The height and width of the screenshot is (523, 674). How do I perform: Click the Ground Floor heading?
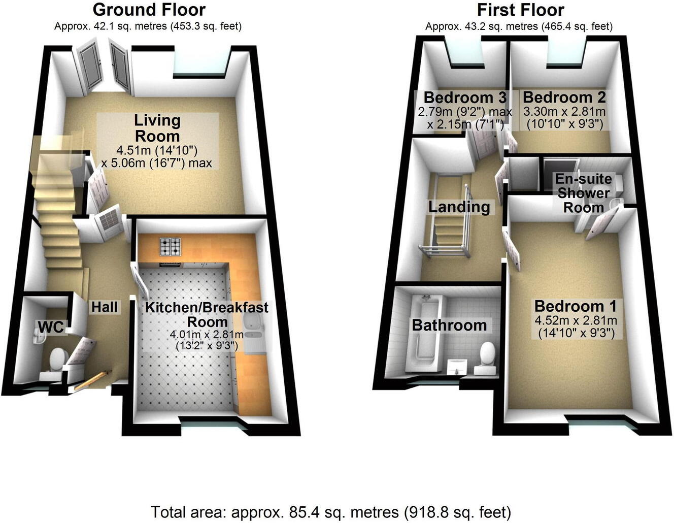149,10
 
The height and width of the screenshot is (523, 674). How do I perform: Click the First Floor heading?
520,10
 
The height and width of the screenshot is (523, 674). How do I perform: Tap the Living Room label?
157,128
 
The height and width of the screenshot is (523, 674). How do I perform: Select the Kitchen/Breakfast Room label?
207,314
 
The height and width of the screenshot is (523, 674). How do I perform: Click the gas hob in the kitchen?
171,247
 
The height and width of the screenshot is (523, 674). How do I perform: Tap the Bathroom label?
449,325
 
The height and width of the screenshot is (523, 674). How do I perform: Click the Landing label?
459,207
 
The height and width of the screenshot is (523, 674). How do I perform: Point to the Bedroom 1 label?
575,306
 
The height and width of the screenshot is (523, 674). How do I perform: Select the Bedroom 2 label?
564,97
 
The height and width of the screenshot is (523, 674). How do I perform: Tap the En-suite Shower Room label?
582,193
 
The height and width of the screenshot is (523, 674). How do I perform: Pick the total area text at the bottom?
330,511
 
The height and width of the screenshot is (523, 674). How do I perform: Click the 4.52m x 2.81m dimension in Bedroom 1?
576,320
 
